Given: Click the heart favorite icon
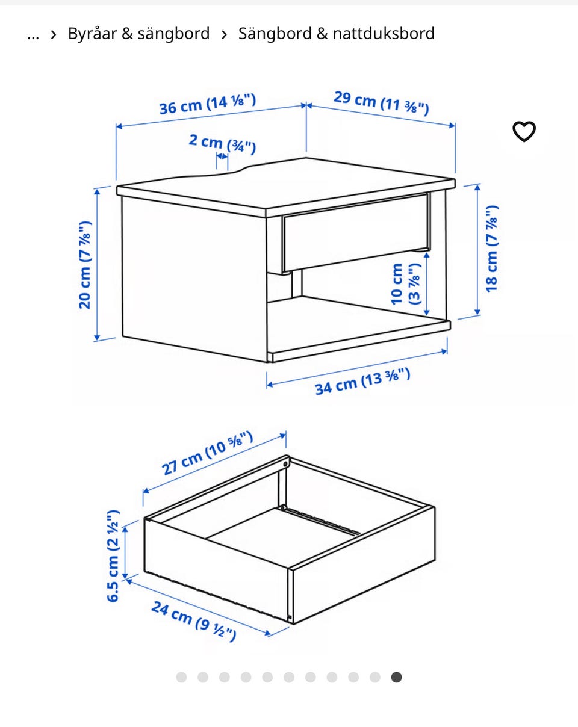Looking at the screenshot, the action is click(524, 131).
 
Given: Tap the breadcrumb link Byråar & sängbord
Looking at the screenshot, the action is click(139, 34).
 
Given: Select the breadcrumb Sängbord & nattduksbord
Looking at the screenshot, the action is click(337, 34).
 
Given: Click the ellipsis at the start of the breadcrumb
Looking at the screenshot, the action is click(33, 36).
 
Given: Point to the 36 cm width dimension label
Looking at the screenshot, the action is click(208, 104).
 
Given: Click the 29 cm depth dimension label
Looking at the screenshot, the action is click(381, 103).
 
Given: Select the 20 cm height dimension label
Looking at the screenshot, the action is click(85, 265).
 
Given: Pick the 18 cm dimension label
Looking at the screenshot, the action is click(492, 249).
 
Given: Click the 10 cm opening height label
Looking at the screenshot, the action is click(406, 284).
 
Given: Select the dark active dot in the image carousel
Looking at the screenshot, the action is click(397, 677).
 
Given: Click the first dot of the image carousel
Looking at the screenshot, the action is click(181, 677).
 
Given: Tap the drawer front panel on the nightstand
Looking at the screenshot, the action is click(356, 233).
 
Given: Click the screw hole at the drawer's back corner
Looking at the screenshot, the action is click(285, 464).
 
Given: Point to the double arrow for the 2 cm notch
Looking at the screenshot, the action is click(222, 156).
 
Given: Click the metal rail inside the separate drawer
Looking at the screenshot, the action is click(320, 521).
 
